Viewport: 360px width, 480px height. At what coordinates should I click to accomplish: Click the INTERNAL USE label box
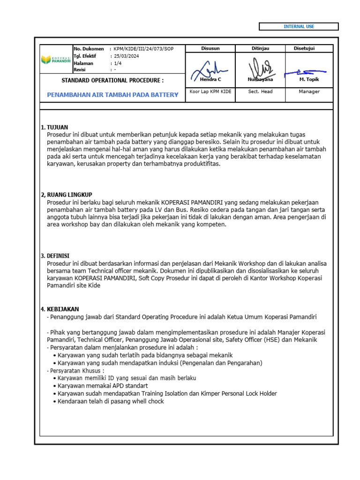point(299,27)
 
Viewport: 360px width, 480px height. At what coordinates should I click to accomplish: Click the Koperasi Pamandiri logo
point(56,60)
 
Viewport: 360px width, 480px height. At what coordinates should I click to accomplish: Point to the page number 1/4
point(118,63)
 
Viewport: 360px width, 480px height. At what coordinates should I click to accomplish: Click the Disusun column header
point(210,49)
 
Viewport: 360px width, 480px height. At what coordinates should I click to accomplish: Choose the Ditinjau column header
point(260,49)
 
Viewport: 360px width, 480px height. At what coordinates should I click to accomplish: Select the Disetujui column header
point(304,49)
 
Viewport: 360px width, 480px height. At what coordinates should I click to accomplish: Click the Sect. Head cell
point(260,91)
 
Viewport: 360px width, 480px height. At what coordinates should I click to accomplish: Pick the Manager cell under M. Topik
point(309,91)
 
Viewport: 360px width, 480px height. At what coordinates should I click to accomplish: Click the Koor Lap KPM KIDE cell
point(210,91)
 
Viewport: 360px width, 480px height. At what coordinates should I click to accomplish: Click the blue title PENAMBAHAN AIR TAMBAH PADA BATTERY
point(112,95)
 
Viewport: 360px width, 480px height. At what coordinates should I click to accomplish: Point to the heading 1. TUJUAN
point(54,127)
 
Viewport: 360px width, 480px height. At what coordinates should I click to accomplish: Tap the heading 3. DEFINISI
point(55,255)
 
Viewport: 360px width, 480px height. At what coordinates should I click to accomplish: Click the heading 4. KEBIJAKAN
point(60,309)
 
